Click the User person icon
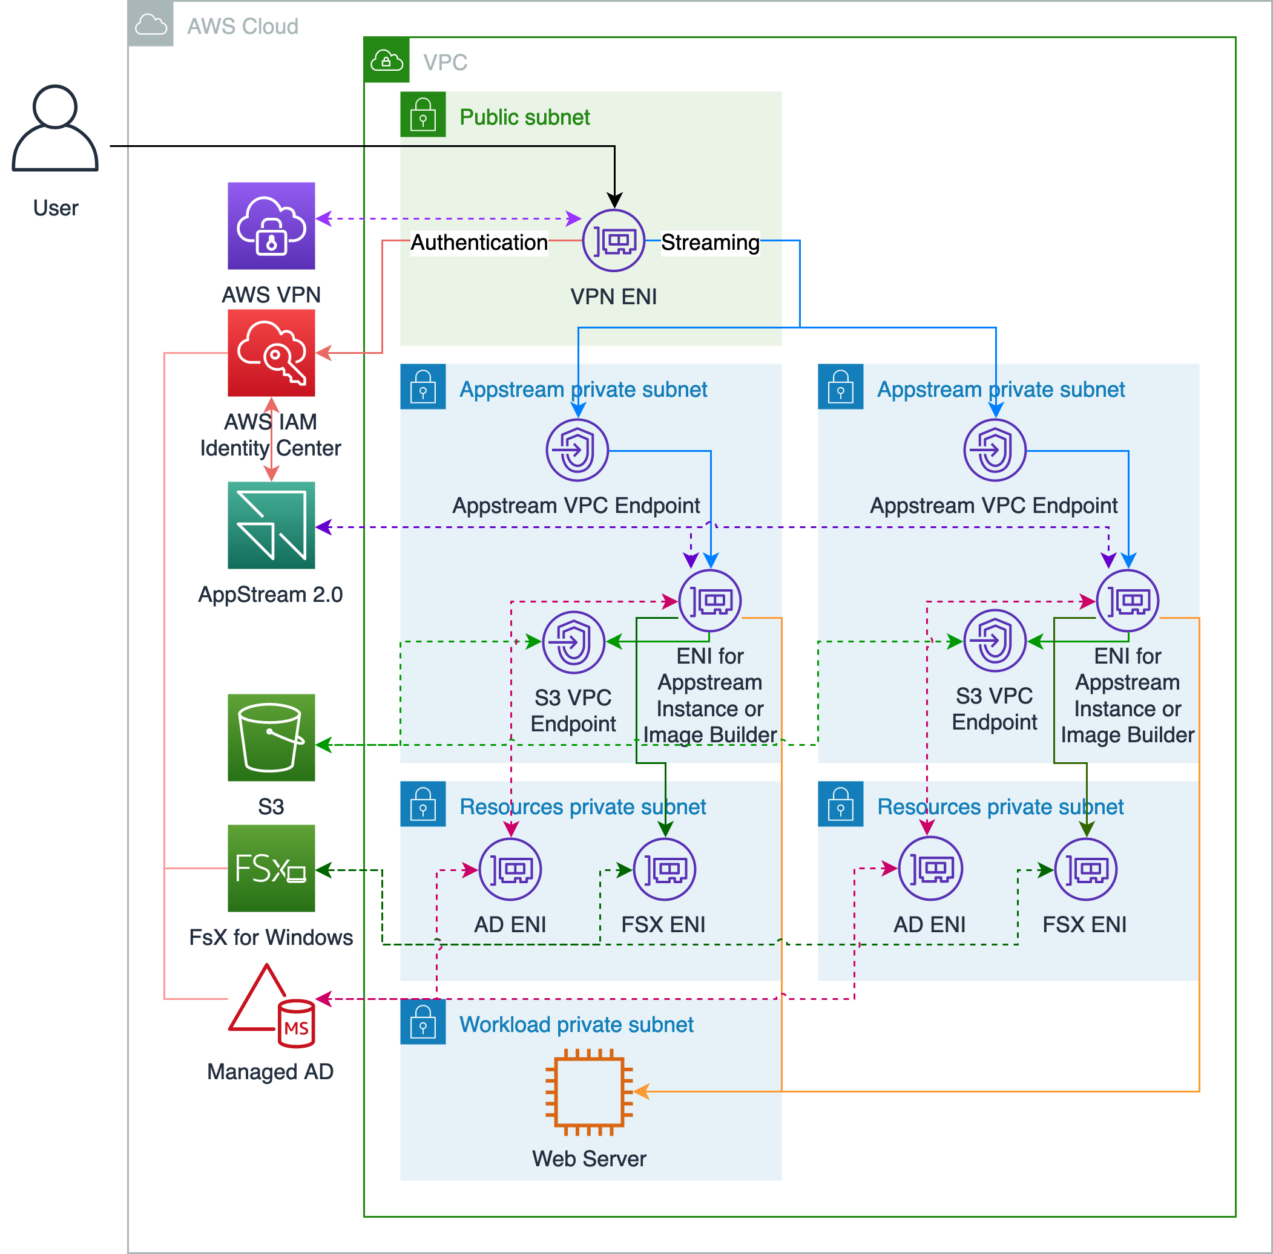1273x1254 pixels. tap(55, 128)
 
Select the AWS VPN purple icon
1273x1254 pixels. tap(271, 226)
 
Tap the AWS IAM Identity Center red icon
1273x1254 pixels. tap(271, 353)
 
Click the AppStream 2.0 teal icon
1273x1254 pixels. tap(271, 525)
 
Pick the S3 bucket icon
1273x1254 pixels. tap(271, 737)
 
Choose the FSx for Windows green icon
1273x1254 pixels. tap(271, 868)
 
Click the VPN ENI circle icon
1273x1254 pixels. tap(613, 240)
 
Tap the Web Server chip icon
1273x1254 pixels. tap(589, 1091)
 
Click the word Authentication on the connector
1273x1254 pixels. tap(479, 243)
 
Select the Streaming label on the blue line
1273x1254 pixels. tap(709, 243)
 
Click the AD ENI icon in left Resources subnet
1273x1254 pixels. tap(510, 869)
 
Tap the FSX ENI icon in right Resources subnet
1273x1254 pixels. tap(1085, 869)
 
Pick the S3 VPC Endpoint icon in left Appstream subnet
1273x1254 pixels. tap(573, 642)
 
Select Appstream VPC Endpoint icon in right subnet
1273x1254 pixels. tap(995, 451)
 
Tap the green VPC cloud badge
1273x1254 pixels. tap(387, 60)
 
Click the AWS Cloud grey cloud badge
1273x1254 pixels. tap(151, 24)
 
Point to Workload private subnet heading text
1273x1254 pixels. tap(576, 1024)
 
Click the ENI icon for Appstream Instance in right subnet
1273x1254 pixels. tap(1127, 601)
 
